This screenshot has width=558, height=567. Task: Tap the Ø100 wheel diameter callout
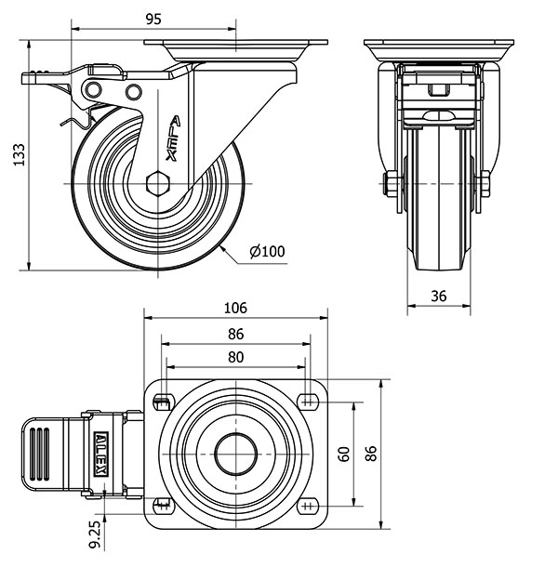(267, 250)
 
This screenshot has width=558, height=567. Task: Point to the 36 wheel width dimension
(440, 296)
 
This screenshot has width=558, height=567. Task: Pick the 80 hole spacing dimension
(235, 357)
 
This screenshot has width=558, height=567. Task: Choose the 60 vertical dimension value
(344, 455)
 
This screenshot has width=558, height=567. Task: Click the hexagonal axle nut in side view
(157, 182)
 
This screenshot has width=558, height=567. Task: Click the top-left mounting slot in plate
(163, 402)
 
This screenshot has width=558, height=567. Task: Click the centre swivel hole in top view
(235, 455)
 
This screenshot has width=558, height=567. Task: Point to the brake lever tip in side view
(28, 79)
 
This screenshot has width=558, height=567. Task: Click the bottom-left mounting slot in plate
(163, 507)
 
